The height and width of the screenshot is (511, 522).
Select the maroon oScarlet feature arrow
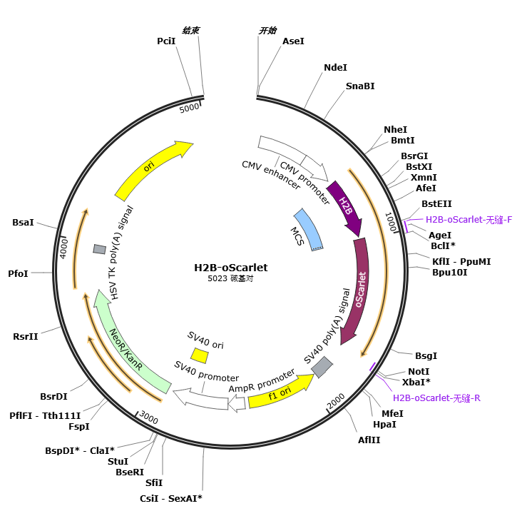point(359,290)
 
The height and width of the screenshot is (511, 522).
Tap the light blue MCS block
point(309,230)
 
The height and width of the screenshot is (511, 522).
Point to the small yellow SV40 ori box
point(200,355)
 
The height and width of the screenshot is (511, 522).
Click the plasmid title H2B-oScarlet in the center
point(231,268)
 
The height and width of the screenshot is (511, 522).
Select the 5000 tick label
point(189,108)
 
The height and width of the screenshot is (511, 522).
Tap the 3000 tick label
point(148,417)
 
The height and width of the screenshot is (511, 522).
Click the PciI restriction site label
point(166,41)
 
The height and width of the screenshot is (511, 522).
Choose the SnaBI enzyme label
point(360,86)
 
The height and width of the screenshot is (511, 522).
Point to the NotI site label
point(419,371)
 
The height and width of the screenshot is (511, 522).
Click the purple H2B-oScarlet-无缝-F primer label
point(469,220)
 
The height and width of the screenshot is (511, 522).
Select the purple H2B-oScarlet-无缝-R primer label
point(436,398)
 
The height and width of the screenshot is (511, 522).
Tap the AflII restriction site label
point(369,440)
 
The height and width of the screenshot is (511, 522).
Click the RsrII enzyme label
point(26,336)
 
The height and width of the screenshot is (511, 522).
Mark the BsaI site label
point(23,222)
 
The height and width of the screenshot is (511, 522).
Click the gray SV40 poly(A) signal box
point(322,367)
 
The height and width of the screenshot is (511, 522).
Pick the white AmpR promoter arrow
point(237,403)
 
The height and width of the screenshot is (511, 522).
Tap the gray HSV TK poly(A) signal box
point(100,249)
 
